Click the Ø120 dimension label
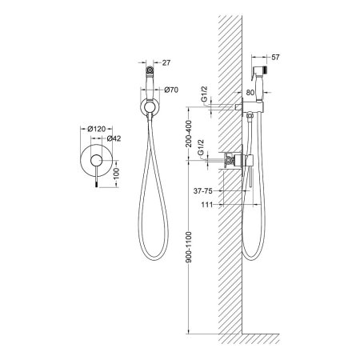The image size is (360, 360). coord(96,129)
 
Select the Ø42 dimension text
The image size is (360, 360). coord(114,138)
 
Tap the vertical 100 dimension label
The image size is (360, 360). coord(117,173)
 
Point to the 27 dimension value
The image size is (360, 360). coord(166,62)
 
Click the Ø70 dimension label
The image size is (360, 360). coord(171,90)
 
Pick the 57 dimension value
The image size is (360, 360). coord(275,57)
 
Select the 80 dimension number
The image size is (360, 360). coord(250,93)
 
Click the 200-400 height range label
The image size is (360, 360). coord(189,134)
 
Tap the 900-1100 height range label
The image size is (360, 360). coord(189,247)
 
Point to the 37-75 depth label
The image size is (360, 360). coord(203,191)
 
